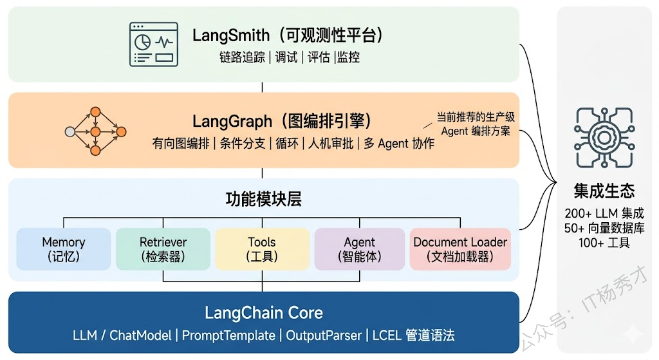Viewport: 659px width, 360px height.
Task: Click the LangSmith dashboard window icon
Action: point(153,44)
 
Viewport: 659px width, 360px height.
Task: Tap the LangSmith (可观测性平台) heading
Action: point(288,35)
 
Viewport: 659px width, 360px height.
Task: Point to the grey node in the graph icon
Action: point(70,131)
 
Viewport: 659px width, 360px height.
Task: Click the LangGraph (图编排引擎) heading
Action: point(283,120)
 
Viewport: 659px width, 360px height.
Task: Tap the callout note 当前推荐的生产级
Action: point(476,117)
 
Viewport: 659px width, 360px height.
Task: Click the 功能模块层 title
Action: point(263,199)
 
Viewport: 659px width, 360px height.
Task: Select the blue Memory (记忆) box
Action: point(63,249)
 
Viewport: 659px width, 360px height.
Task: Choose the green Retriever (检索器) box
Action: point(163,249)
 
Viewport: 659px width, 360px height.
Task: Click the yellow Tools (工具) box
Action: point(262,249)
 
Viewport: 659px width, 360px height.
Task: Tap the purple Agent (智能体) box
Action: point(359,249)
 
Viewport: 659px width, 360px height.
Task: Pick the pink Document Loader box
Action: point(460,249)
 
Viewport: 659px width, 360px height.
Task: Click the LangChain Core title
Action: point(264,314)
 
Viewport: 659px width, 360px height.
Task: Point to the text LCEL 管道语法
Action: point(413,336)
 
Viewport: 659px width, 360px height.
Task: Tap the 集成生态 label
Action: point(604,191)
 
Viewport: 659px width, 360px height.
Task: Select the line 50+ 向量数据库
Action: point(604,228)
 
